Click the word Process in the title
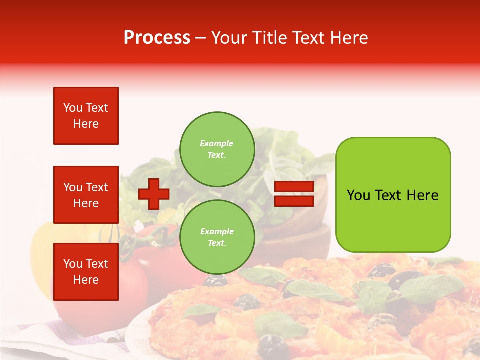pos(157,38)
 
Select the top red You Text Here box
pos(86,116)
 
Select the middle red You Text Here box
pos(86,195)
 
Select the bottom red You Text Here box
pos(86,271)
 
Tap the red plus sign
pos(154,194)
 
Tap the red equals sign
pos(294,194)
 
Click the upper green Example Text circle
pos(217,149)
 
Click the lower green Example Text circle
pos(217,237)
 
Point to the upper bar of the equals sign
pos(294,187)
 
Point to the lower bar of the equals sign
pos(294,201)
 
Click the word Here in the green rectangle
pos(422,195)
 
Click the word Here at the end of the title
pos(349,38)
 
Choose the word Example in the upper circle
pos(216,143)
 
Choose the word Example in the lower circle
pos(216,231)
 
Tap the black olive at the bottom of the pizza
pos(273,345)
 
